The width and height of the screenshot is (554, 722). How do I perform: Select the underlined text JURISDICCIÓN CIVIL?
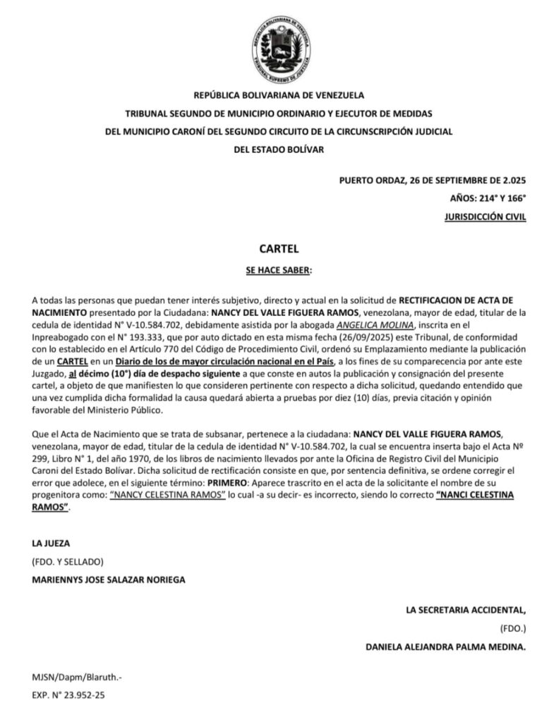[486, 218]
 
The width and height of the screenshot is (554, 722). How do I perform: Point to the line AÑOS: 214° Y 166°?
[488, 198]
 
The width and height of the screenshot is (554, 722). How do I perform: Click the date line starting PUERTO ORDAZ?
[433, 179]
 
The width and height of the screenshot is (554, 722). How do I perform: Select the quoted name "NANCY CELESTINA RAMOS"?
[164, 496]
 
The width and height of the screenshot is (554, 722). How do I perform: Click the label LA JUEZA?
[52, 544]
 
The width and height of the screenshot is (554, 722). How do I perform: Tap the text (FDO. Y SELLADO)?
[68, 562]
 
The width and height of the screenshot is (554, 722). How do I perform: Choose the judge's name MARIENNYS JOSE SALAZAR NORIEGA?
[110, 580]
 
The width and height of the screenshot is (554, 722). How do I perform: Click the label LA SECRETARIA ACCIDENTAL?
[466, 609]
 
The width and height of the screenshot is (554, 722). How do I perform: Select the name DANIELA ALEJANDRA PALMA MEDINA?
[446, 646]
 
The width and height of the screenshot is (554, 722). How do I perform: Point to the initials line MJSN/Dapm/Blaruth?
[77, 677]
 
